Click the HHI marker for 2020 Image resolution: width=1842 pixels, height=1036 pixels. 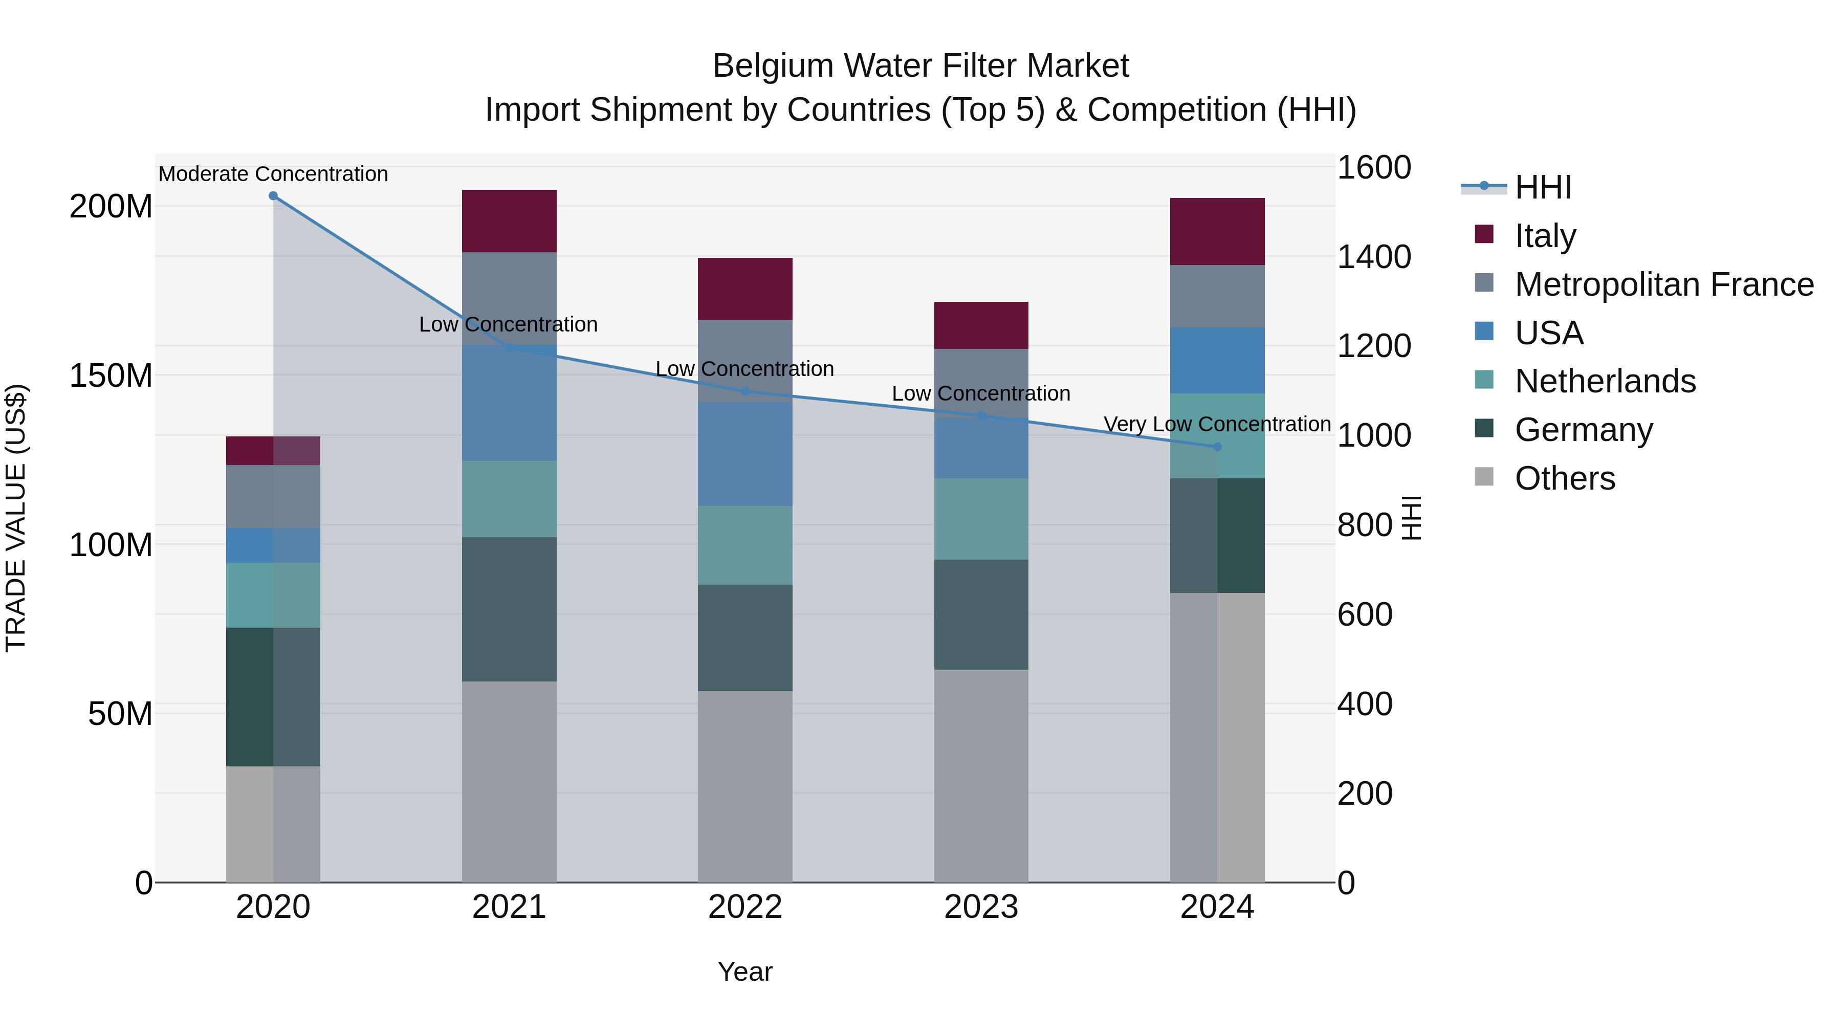pos(273,196)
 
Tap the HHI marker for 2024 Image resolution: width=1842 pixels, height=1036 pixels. pos(1217,447)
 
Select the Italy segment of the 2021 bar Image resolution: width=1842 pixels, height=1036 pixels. pos(509,221)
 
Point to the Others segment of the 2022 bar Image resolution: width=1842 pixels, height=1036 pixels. pos(745,786)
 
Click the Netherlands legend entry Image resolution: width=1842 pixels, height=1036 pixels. pos(1605,381)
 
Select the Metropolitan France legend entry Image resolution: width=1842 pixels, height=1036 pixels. pos(1663,284)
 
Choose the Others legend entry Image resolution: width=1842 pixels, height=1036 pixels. pos(1565,478)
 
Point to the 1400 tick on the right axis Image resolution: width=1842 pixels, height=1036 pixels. pos(1374,257)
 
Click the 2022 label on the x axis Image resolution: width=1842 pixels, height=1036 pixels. pos(745,907)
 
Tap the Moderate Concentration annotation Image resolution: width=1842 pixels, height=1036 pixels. pos(273,174)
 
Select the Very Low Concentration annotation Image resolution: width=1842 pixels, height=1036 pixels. pos(1217,424)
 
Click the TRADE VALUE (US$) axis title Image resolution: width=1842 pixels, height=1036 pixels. pos(16,518)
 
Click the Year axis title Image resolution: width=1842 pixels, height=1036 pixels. pos(745,972)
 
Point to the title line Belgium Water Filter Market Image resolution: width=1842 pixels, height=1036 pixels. pos(920,66)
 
